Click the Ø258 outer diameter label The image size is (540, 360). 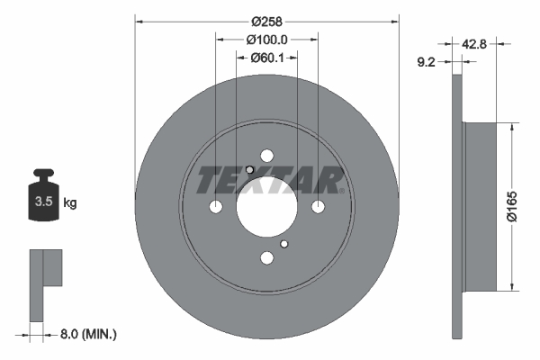[267, 21]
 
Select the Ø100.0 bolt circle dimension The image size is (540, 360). [267, 40]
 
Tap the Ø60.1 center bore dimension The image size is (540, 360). [267, 58]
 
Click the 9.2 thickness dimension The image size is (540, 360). [428, 63]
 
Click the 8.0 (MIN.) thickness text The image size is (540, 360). [86, 334]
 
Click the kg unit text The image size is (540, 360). [70, 203]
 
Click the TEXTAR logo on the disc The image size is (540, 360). [270, 181]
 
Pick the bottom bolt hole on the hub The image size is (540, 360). [267, 259]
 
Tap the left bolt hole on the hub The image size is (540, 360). [215, 207]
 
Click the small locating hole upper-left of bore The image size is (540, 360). [250, 170]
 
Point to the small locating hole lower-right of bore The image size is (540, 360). [284, 244]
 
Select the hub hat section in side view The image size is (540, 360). [480, 207]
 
